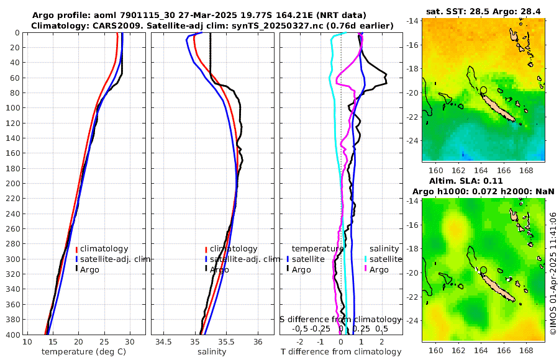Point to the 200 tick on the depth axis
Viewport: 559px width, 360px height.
12,184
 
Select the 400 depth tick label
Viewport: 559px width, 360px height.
12,335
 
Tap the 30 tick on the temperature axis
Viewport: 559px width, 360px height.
129,342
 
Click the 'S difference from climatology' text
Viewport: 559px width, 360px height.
342,319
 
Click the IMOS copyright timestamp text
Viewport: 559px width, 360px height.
553,273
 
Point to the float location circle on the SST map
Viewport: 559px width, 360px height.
484,90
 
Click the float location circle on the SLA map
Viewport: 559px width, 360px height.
484,270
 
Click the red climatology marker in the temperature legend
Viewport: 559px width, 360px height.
76,249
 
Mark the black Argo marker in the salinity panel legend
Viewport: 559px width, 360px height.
206,269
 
